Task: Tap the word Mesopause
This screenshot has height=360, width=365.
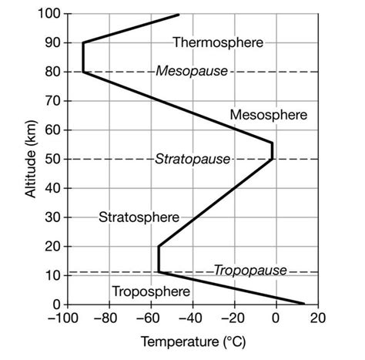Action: pos(192,71)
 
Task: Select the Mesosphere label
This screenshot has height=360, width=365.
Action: pos(268,115)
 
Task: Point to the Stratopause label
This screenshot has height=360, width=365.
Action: pos(193,159)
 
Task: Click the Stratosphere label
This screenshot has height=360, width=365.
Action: pos(139,217)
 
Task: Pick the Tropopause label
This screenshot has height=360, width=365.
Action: pos(249,270)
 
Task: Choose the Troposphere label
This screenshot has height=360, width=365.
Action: pos(150,291)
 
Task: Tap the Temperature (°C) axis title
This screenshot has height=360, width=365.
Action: pos(192,340)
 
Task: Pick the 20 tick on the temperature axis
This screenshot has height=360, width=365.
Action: pos(319,318)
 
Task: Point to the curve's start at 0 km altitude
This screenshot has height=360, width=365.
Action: pos(304,304)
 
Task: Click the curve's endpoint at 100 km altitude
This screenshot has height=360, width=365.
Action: pos(179,14)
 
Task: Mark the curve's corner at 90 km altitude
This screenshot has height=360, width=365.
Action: pos(83,43)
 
